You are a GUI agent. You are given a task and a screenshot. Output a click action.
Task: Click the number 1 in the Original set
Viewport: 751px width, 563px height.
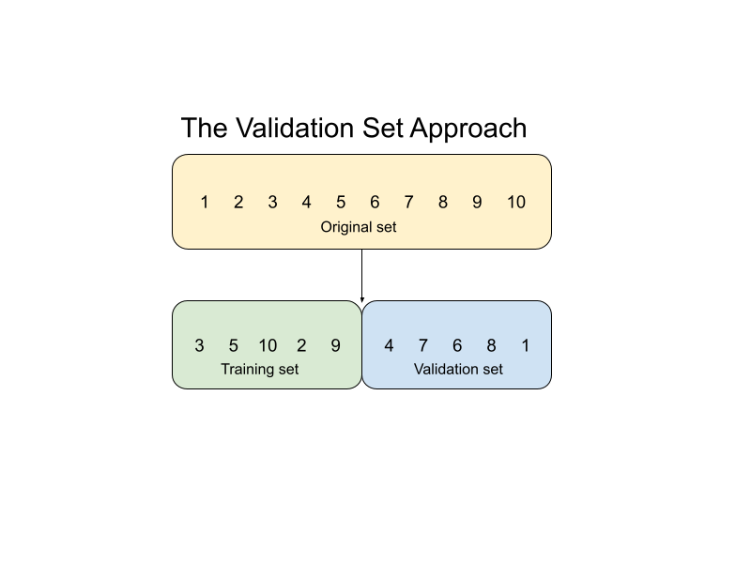pyautogui.click(x=204, y=202)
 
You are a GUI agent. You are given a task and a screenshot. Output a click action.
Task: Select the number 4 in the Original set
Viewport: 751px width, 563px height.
pyautogui.click(x=306, y=202)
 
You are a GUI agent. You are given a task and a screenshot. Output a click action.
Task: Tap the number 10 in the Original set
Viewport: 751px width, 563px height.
pyautogui.click(x=516, y=202)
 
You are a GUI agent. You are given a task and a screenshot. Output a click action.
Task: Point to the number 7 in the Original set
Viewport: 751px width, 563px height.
pyautogui.click(x=408, y=202)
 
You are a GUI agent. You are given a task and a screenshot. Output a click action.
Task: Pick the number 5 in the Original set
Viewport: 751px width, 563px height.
pyautogui.click(x=341, y=202)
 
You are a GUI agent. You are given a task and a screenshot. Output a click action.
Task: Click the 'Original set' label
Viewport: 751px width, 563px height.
pyautogui.click(x=359, y=227)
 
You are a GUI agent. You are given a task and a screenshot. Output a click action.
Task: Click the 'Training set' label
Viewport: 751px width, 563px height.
pyautogui.click(x=260, y=369)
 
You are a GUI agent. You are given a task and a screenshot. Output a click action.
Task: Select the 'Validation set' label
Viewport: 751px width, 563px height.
pyautogui.click(x=458, y=369)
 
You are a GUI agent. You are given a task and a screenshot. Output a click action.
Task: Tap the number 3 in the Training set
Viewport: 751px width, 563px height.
pyautogui.click(x=199, y=345)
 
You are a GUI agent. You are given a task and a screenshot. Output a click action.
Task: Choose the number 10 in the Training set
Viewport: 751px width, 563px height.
pyautogui.click(x=268, y=345)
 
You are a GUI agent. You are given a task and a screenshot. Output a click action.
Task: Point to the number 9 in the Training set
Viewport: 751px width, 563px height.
pyautogui.click(x=335, y=345)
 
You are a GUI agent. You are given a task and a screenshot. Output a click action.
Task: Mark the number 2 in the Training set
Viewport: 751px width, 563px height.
pyautogui.click(x=301, y=345)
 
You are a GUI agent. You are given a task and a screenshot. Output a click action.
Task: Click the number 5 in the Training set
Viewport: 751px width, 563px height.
pyautogui.click(x=234, y=345)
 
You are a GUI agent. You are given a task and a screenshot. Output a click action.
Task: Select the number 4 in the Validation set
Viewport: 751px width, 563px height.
pyautogui.click(x=389, y=345)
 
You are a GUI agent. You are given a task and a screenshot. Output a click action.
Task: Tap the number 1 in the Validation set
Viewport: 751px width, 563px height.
pyautogui.click(x=525, y=345)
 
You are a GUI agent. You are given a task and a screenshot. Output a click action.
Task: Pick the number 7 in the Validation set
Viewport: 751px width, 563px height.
pyautogui.click(x=422, y=345)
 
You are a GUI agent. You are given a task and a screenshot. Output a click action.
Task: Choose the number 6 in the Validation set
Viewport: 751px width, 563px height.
pyautogui.click(x=457, y=345)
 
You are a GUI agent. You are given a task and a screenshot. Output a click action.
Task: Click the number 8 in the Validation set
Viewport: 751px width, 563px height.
pyautogui.click(x=491, y=345)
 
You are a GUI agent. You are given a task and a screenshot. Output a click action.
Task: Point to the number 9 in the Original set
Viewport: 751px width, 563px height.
pyautogui.click(x=477, y=202)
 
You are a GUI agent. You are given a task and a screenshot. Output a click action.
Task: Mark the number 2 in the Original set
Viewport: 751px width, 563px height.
pyautogui.click(x=238, y=202)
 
